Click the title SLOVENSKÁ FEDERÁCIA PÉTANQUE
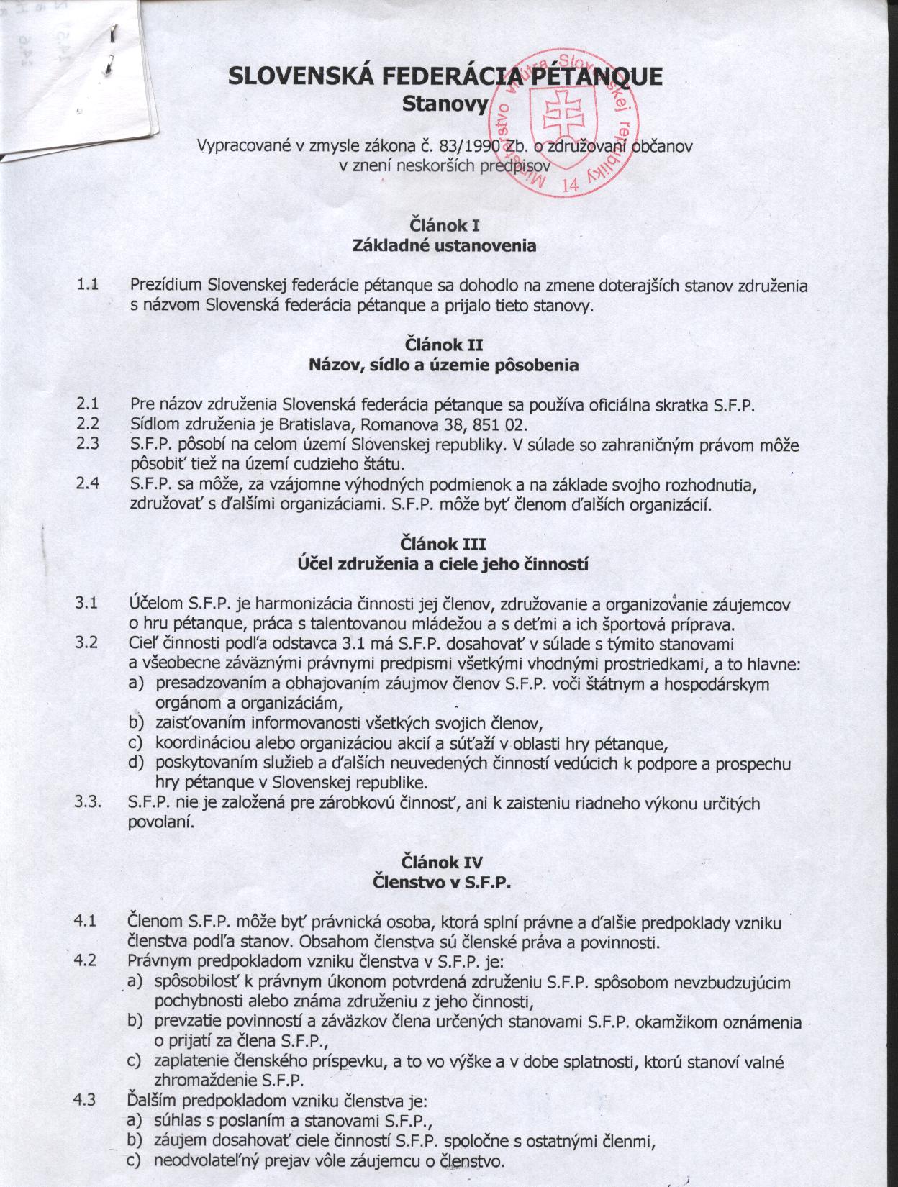point(445,76)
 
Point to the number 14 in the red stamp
point(571,185)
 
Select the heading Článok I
point(444,224)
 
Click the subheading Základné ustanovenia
point(444,245)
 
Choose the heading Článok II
point(444,344)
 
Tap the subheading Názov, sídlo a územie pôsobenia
point(444,365)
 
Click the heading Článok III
point(444,542)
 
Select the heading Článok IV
point(443,862)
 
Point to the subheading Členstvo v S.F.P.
point(443,883)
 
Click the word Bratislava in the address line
point(316,424)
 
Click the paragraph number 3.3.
point(88,803)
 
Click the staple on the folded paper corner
point(112,34)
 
